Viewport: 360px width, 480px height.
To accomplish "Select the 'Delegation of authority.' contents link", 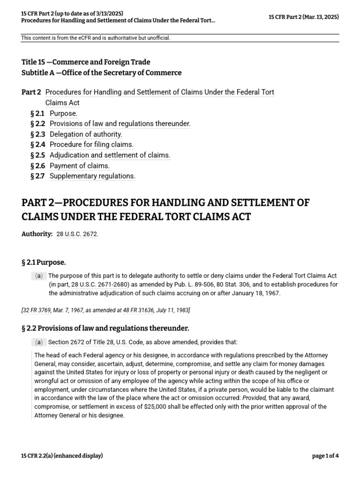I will click(86, 134).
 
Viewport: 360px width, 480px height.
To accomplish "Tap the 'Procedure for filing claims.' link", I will click(91, 144).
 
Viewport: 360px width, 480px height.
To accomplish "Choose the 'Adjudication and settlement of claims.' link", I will click(110, 155).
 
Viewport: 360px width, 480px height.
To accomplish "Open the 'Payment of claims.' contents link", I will click(80, 165).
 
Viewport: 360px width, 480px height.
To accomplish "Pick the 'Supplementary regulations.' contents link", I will click(92, 176).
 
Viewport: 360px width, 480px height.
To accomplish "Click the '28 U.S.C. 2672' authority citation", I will click(76, 234).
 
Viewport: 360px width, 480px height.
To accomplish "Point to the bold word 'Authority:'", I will click(37, 234).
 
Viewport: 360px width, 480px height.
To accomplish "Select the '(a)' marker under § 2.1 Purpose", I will click(38, 276).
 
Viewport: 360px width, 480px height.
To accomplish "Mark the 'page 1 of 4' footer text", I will click(325, 456).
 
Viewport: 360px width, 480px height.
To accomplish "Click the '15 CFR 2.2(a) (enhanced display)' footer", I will click(62, 456).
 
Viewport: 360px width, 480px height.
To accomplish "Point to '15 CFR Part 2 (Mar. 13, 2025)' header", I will click(304, 17).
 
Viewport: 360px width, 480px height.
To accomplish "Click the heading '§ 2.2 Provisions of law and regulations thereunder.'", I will click(105, 328).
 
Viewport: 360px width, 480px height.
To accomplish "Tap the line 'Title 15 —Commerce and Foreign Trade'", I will click(86, 62).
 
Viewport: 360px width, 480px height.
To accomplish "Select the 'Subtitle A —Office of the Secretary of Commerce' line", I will click(101, 73).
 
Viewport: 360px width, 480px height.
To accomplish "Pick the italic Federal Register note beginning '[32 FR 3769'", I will click(105, 310).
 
